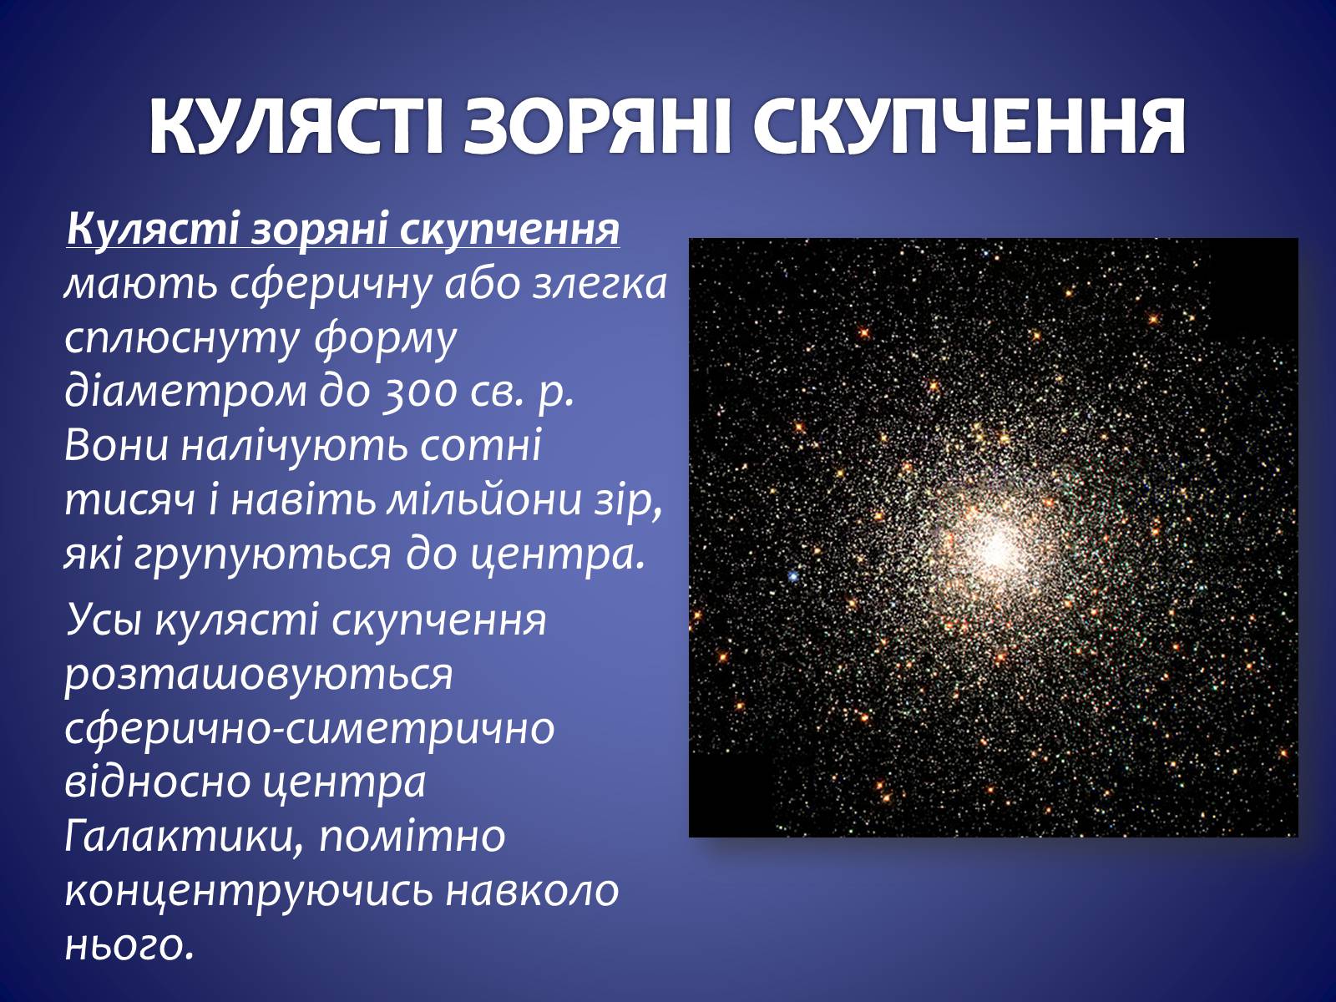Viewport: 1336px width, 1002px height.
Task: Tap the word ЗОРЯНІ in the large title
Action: click(596, 127)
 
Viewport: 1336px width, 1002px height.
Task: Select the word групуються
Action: click(261, 556)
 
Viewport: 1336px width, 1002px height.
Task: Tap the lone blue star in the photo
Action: click(793, 575)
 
